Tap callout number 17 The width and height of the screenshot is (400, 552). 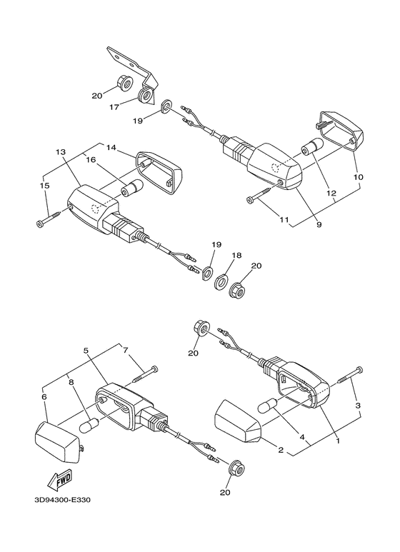pyautogui.click(x=113, y=107)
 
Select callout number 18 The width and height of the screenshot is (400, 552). pyautogui.click(x=237, y=255)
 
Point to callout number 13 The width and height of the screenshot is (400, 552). pyautogui.click(x=60, y=152)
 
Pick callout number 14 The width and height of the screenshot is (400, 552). pyautogui.click(x=111, y=147)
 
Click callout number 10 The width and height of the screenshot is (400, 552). pyautogui.click(x=358, y=176)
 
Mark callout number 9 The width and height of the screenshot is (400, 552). pyautogui.click(x=319, y=226)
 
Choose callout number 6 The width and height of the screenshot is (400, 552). pyautogui.click(x=44, y=396)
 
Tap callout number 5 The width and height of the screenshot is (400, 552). pyautogui.click(x=86, y=351)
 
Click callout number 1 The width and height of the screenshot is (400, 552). pyautogui.click(x=336, y=441)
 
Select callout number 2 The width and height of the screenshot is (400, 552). pyautogui.click(x=281, y=451)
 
